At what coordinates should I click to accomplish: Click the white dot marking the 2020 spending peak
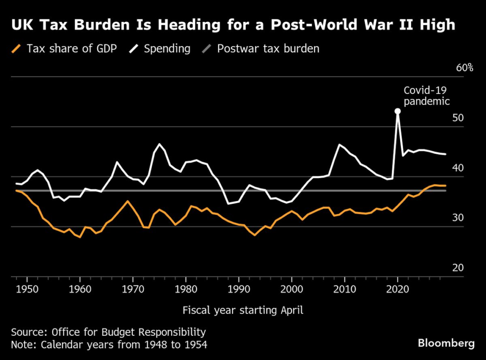click(x=398, y=111)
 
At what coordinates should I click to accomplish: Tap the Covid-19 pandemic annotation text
click(x=426, y=95)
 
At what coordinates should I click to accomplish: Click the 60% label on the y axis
click(x=465, y=68)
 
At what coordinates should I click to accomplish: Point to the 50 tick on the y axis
click(x=458, y=118)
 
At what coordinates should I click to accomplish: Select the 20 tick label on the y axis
click(x=458, y=268)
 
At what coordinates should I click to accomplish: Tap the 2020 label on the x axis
click(x=398, y=288)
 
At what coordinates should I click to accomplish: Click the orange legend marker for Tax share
click(x=17, y=48)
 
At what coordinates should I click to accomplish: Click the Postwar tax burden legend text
click(x=268, y=48)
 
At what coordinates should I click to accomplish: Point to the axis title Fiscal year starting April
click(x=243, y=311)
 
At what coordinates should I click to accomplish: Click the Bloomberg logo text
click(x=446, y=343)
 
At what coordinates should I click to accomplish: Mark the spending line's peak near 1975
click(x=159, y=144)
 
